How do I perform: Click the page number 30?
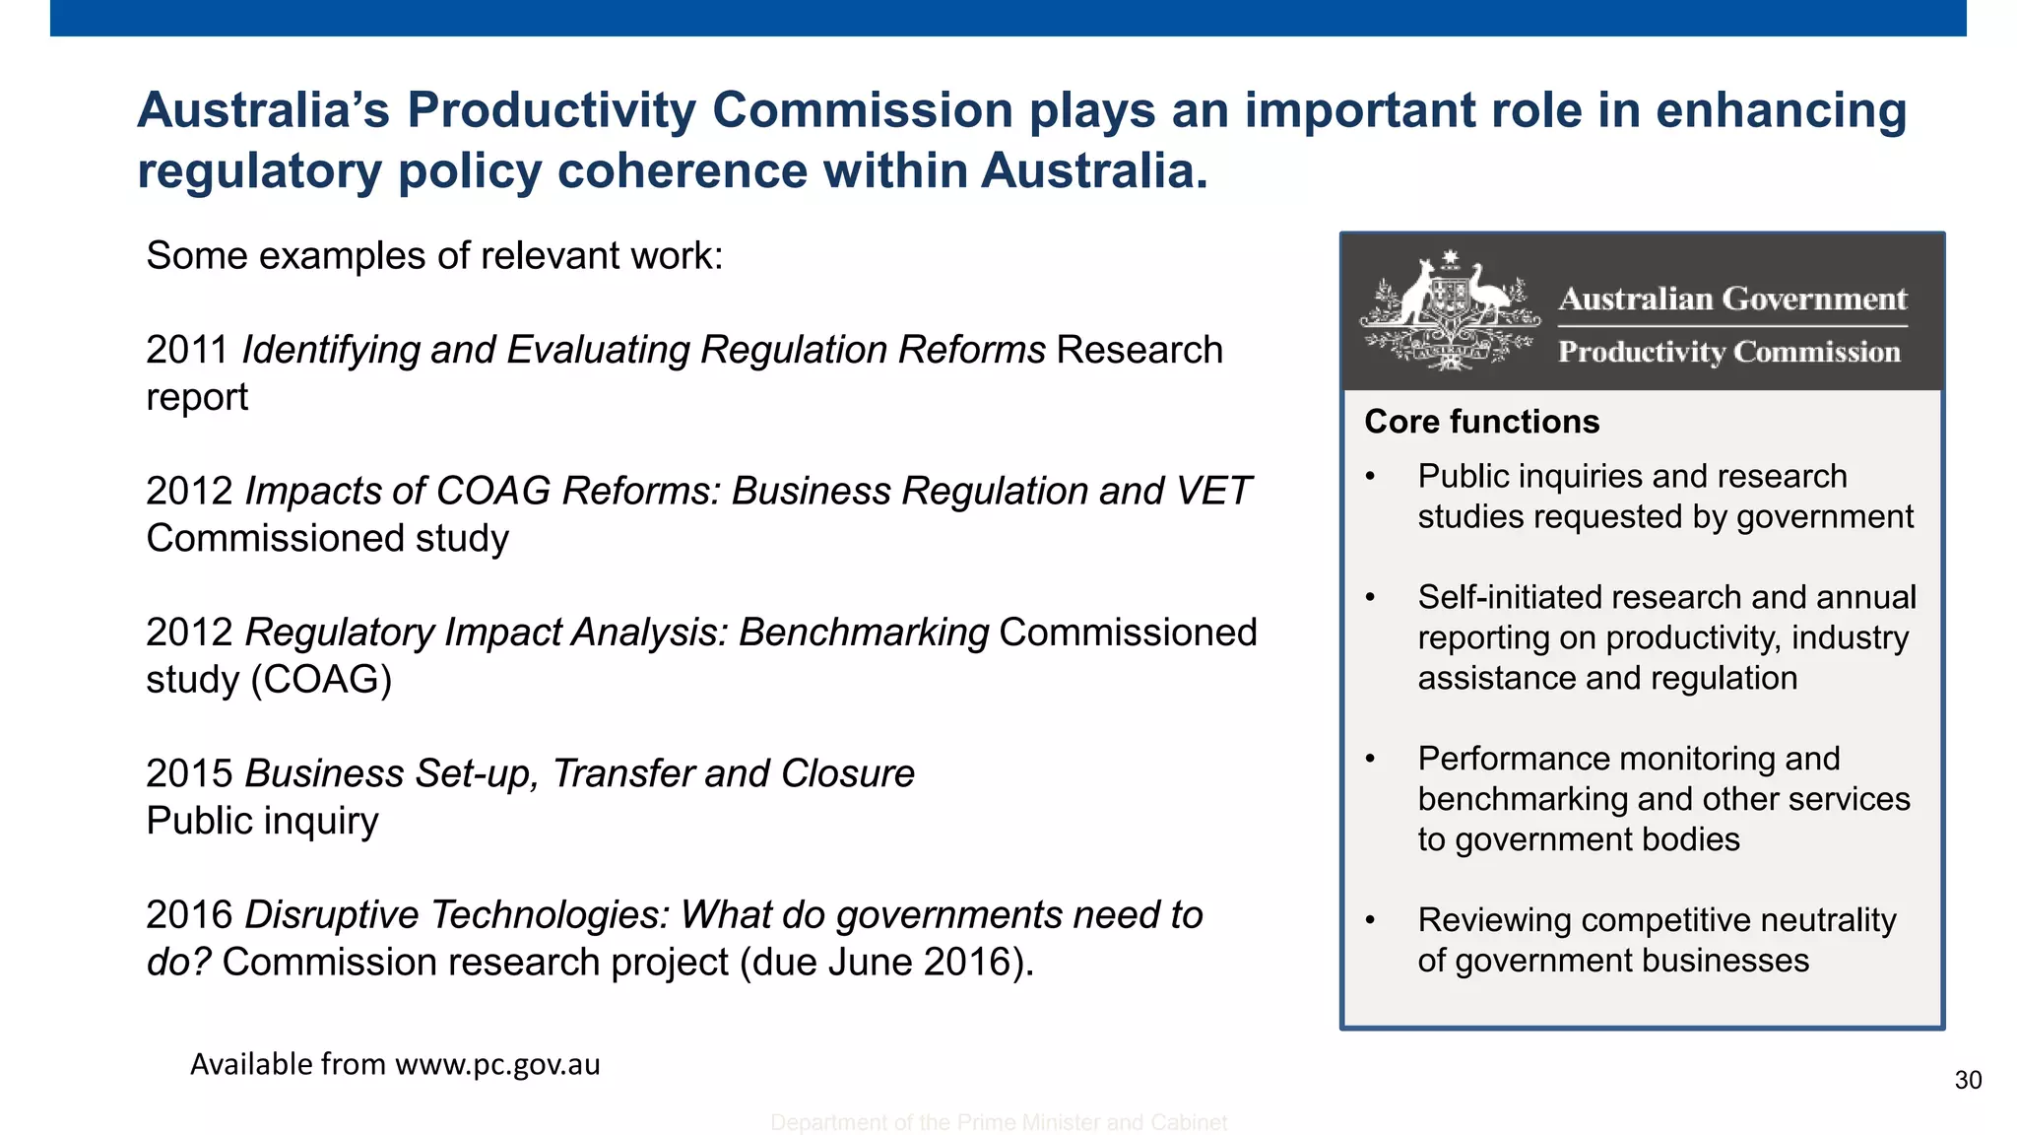tap(1968, 1081)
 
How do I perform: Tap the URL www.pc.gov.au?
tap(497, 1065)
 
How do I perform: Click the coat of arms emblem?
tap(1449, 310)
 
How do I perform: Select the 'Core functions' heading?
tap(1481, 422)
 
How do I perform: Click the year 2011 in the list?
tap(187, 351)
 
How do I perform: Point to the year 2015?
tap(188, 774)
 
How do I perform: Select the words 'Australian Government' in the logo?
tap(1732, 299)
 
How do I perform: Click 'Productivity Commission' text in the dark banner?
tap(1728, 352)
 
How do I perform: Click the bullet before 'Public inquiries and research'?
tap(1370, 478)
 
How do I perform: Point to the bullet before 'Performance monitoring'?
tap(1370, 760)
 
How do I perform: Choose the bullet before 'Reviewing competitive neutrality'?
tap(1370, 921)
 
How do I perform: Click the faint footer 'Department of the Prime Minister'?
tap(998, 1123)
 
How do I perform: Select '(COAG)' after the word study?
tap(321, 680)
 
